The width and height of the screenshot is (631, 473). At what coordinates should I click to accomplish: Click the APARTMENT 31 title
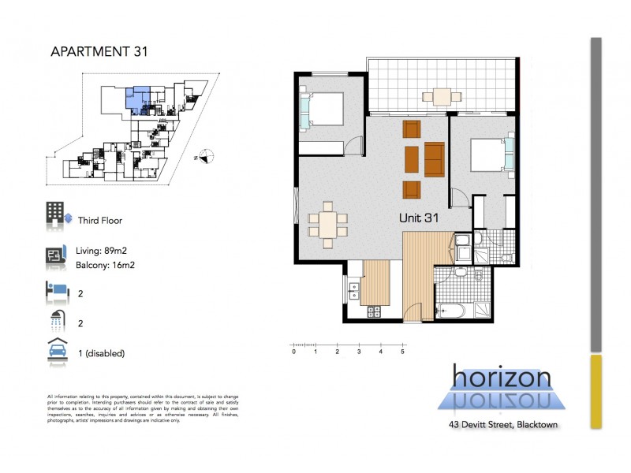point(99,52)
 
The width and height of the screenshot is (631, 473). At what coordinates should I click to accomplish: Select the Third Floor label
point(100,222)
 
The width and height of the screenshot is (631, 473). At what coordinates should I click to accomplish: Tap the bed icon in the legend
point(56,292)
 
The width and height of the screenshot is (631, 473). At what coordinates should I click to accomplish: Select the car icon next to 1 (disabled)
point(56,352)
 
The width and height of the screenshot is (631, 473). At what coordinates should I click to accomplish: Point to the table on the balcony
point(441,97)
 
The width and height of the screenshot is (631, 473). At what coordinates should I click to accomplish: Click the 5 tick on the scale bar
point(403,346)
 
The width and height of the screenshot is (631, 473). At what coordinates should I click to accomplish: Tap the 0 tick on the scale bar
point(293,346)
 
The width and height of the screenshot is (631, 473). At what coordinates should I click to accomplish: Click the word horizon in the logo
point(502,378)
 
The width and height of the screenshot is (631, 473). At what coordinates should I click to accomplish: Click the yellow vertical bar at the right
point(596,391)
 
